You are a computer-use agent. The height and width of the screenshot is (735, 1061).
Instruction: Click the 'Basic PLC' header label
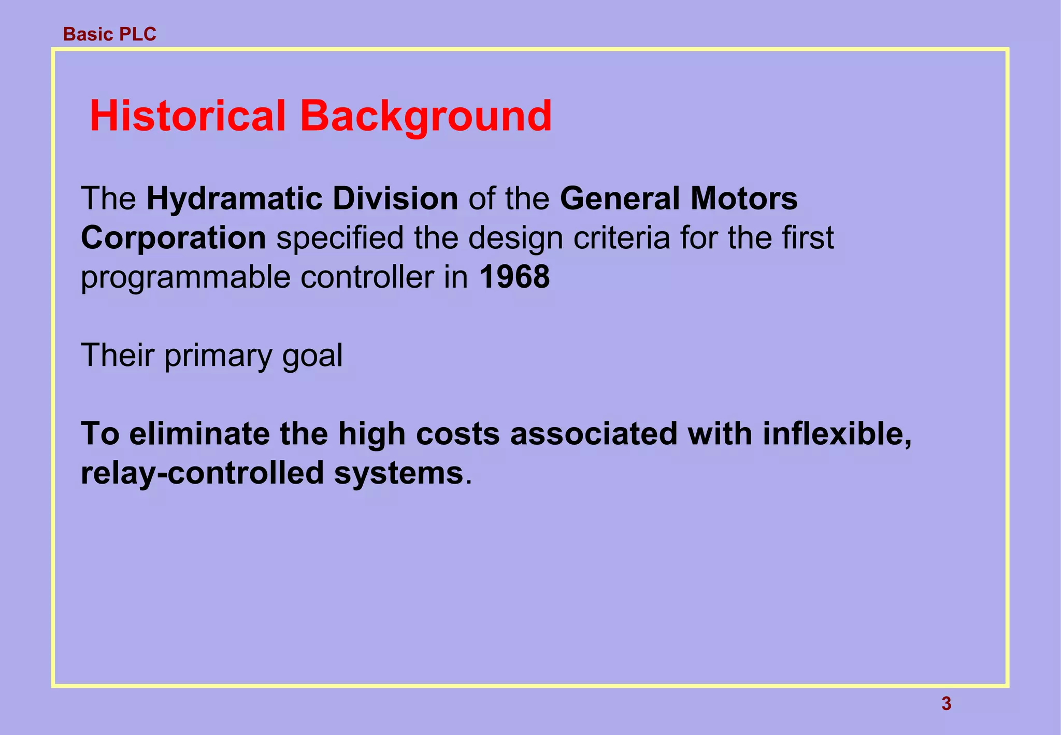[x=109, y=34]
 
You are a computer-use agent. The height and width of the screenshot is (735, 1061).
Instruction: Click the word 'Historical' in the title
[x=187, y=116]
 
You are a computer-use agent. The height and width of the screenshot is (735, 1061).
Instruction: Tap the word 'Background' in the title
[x=425, y=117]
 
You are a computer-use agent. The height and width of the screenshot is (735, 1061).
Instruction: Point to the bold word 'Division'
[x=395, y=199]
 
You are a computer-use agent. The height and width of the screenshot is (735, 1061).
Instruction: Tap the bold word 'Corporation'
[x=174, y=238]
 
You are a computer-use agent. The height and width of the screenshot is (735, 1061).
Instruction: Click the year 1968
[x=514, y=277]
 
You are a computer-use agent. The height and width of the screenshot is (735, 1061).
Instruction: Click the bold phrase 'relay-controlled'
[x=202, y=473]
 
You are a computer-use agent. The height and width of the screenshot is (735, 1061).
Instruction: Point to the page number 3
[x=946, y=704]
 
